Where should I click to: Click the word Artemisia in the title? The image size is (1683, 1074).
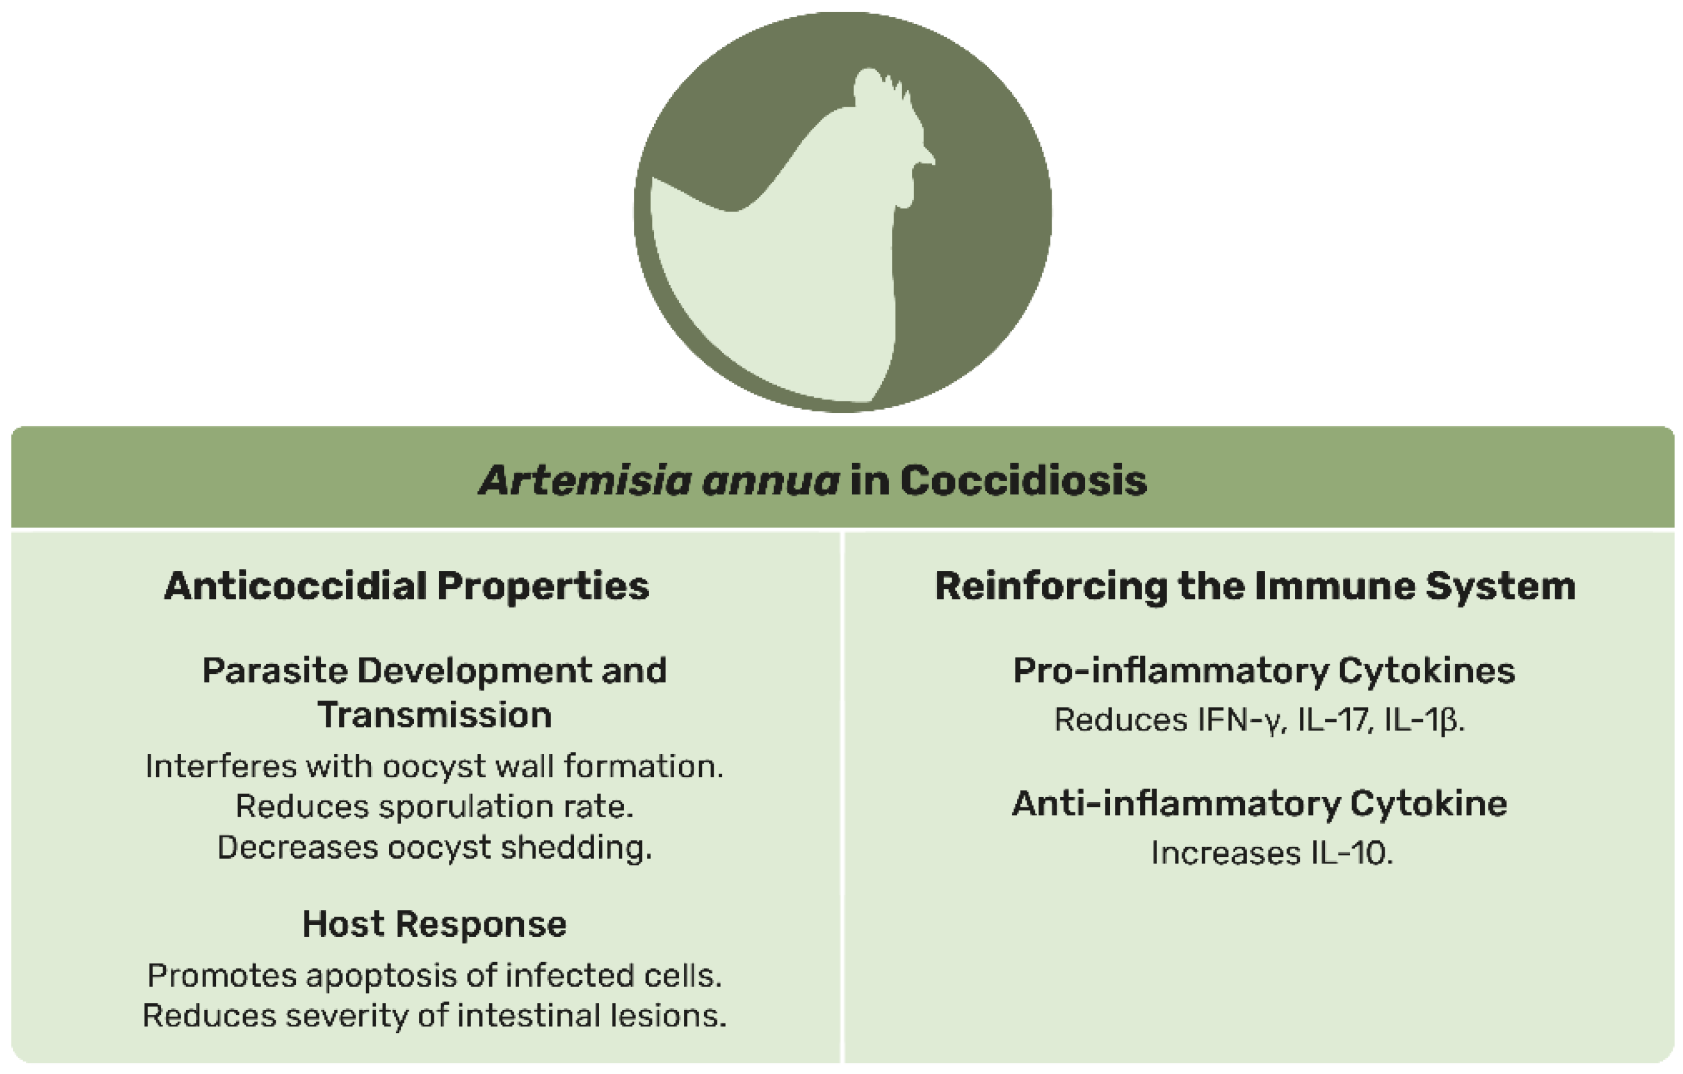click(x=586, y=481)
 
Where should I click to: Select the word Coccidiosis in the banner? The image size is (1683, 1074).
click(x=1024, y=481)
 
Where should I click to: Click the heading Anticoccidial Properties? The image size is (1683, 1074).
click(x=407, y=585)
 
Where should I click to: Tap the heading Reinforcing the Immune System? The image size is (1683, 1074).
click(x=1255, y=585)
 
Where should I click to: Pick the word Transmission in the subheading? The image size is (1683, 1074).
click(x=435, y=715)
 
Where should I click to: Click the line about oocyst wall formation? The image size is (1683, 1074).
click(x=435, y=767)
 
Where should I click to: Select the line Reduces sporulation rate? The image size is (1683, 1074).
click(x=435, y=806)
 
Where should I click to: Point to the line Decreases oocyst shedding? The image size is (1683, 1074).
click(x=435, y=848)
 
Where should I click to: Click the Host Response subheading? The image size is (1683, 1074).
click(x=435, y=924)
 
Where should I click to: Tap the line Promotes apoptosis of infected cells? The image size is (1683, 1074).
click(x=435, y=975)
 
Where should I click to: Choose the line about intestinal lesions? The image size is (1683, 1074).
click(x=435, y=1015)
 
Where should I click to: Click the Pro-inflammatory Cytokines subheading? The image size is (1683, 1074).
click(x=1265, y=671)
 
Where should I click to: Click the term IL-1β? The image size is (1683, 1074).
click(x=1423, y=720)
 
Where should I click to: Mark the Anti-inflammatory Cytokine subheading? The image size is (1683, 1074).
click(x=1260, y=804)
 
